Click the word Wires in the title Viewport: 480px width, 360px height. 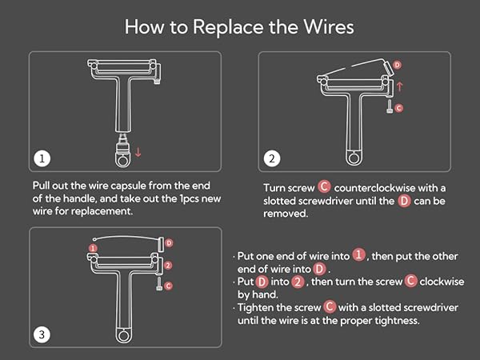(x=329, y=26)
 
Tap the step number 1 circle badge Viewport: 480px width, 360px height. (x=42, y=158)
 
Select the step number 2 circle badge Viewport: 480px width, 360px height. (x=271, y=158)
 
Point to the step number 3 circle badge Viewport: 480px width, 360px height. (x=42, y=334)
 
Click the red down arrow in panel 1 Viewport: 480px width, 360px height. (x=138, y=152)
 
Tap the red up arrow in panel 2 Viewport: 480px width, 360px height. (x=399, y=86)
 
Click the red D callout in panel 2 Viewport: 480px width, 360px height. (x=397, y=65)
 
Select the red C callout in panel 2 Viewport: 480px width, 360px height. (x=398, y=108)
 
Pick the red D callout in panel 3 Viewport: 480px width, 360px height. (x=169, y=243)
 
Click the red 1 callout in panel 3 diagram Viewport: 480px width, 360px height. (x=93, y=248)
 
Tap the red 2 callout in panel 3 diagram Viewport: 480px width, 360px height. (x=168, y=265)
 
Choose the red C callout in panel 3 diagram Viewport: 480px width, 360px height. (x=168, y=286)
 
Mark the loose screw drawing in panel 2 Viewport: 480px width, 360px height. (x=390, y=107)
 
